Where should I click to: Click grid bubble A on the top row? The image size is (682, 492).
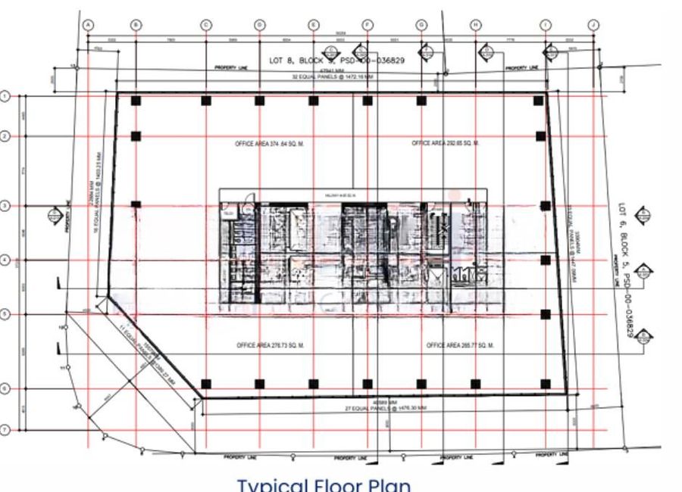coord(88,24)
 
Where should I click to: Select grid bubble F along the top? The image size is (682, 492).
coord(368,24)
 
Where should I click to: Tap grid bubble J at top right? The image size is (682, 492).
coord(593,24)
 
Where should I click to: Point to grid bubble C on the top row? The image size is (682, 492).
coord(205,24)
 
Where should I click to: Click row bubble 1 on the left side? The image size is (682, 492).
coord(5,96)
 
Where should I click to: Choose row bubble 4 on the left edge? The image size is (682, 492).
coord(5,260)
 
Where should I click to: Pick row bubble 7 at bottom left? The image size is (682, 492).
coord(5,430)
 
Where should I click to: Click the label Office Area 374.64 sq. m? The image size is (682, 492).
coord(270,143)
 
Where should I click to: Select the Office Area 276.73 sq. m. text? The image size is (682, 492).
coord(270,345)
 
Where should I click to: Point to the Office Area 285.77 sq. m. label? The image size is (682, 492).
coord(460,345)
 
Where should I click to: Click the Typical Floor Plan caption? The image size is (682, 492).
coord(324,484)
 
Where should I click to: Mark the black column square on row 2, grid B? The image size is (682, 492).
coord(136,136)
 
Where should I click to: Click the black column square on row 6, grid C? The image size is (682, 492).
coord(205,385)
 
